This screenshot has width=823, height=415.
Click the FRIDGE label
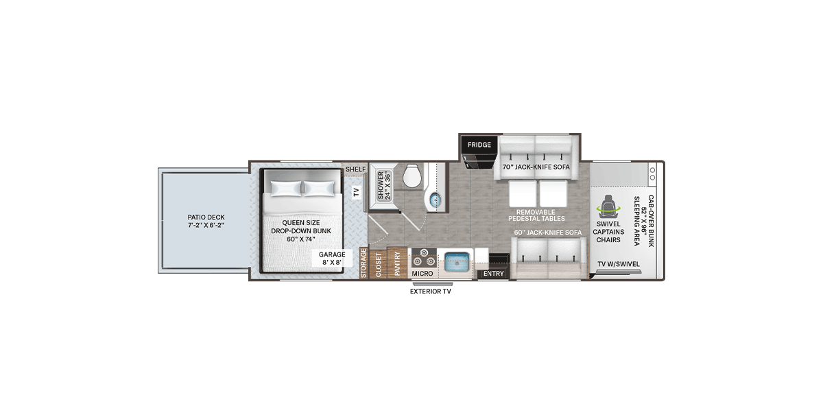[479, 145]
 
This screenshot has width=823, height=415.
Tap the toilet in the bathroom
[412, 176]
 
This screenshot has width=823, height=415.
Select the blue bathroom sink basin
[436, 200]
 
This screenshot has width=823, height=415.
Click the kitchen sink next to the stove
[457, 262]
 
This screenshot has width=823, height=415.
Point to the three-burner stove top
[424, 257]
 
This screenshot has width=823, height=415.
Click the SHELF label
[356, 169]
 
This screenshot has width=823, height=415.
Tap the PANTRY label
[397, 263]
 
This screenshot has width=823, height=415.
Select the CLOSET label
[378, 265]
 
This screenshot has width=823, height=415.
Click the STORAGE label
[363, 263]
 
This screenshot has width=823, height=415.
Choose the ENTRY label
[493, 274]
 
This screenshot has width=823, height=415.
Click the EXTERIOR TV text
[430, 292]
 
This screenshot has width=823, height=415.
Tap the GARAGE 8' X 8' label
[332, 259]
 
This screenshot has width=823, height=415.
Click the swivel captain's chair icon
[608, 206]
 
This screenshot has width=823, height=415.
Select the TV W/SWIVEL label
[619, 264]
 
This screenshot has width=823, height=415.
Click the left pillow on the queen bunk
[286, 188]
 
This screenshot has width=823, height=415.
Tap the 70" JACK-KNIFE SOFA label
[536, 167]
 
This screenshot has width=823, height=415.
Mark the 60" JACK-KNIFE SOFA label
[548, 233]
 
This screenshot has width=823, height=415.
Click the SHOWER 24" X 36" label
[384, 186]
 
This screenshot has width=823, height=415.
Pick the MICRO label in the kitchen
[422, 274]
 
